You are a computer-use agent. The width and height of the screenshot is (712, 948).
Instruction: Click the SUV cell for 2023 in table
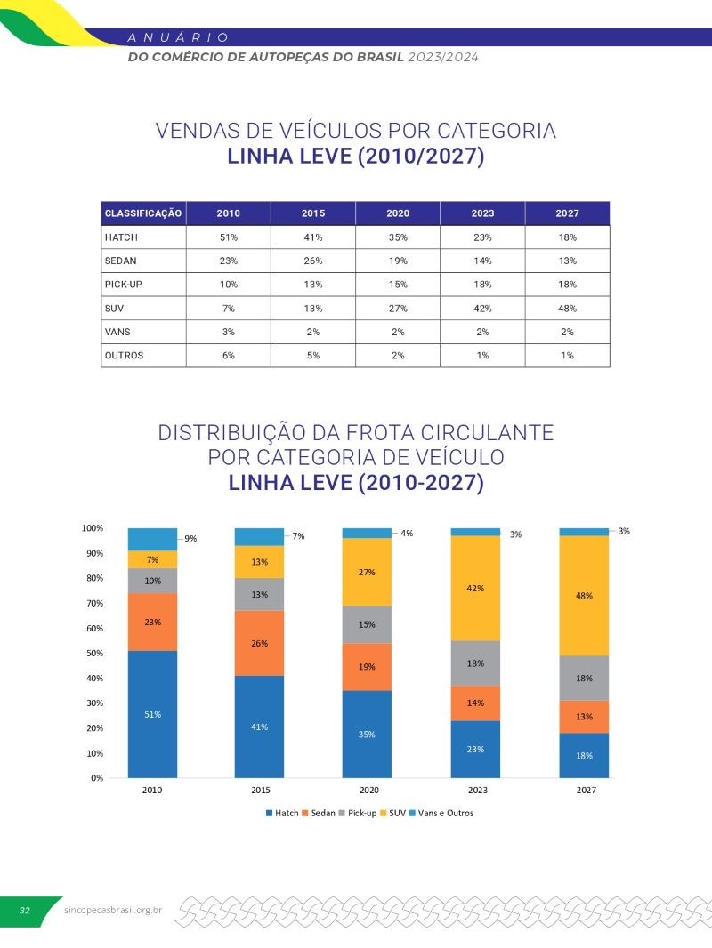pos(482,308)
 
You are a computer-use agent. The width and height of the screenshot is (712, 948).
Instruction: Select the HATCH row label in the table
pos(121,237)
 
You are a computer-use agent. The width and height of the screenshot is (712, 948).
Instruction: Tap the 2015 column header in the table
pos(312,213)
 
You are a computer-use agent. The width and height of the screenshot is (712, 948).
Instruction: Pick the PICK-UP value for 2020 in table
pos(397,285)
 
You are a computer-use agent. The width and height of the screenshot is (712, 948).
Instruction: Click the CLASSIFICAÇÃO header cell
pos(143,213)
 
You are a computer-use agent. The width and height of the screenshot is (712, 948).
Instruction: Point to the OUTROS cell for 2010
pos(229,355)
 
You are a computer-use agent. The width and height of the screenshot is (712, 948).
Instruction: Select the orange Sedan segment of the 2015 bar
pos(259,643)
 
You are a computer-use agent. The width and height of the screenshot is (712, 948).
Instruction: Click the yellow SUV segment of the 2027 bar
pos(584,596)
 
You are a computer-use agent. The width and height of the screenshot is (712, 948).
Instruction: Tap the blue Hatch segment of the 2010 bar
pos(152,714)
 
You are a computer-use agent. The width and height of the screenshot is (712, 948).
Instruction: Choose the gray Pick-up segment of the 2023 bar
pos(475,663)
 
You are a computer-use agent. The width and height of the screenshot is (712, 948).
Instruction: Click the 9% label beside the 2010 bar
pos(190,538)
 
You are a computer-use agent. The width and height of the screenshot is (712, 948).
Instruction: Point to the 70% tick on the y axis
pos(93,603)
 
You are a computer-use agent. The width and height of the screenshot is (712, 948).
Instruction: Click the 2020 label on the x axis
pos(368,790)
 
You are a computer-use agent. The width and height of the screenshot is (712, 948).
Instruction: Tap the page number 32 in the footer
pos(25,911)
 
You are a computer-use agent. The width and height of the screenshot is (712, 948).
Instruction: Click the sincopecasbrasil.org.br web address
pos(114,911)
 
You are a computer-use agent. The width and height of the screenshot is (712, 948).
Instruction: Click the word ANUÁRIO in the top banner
pos(179,37)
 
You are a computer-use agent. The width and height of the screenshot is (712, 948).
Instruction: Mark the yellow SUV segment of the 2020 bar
pos(368,572)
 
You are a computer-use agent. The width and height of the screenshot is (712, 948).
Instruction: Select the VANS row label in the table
pos(118,332)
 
